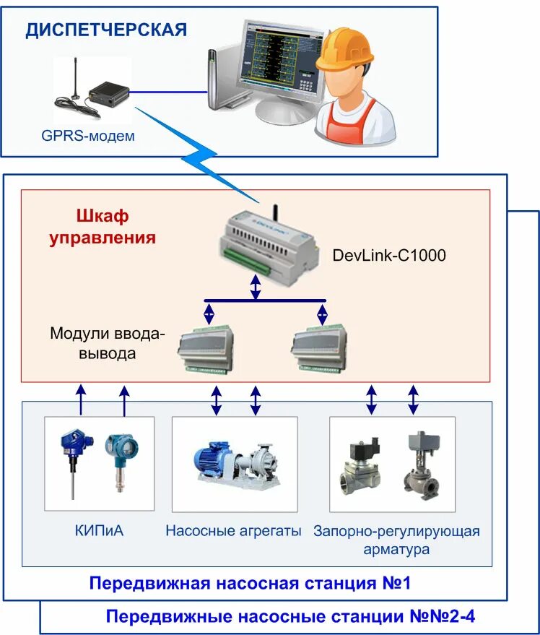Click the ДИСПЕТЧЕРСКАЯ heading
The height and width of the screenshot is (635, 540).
106,30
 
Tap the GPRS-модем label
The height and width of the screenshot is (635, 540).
88,135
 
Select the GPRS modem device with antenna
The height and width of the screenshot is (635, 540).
92,88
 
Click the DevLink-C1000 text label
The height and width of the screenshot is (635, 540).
389,255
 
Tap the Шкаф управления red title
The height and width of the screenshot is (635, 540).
103,227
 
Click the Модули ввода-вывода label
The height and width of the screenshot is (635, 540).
108,343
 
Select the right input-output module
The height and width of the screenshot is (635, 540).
320,349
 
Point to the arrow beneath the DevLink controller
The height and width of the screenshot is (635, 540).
255,287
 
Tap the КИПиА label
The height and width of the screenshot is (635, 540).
99,530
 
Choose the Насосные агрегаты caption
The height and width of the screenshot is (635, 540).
234,530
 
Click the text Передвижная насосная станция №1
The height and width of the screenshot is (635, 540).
250,583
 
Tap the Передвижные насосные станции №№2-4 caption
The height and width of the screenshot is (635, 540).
290,616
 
